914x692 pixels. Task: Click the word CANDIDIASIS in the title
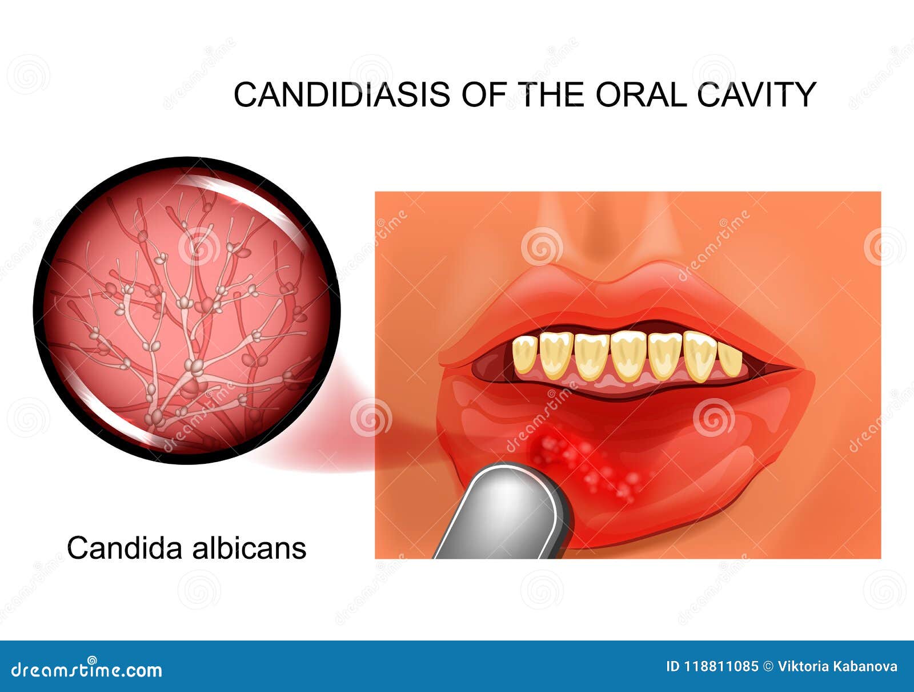click(x=342, y=94)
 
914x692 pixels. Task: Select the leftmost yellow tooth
click(x=524, y=355)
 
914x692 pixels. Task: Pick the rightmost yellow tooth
click(x=731, y=359)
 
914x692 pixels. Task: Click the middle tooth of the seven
click(x=627, y=356)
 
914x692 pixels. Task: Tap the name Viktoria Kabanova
click(x=837, y=667)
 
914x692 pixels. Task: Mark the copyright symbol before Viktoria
click(x=768, y=667)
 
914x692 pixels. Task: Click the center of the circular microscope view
click(x=187, y=311)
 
